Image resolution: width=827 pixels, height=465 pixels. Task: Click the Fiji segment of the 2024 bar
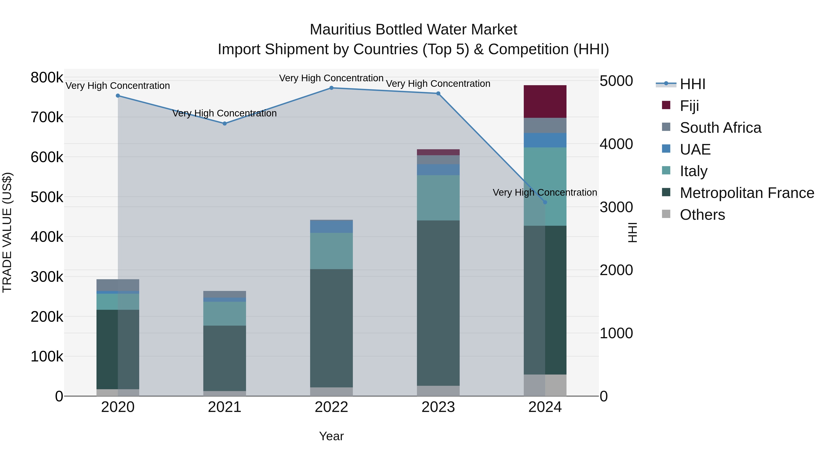[x=545, y=101]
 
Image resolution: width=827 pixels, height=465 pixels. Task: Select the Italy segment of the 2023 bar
[x=438, y=198]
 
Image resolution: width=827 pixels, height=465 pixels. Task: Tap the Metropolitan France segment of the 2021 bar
[x=224, y=358]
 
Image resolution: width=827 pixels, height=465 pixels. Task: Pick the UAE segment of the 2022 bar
[x=331, y=227]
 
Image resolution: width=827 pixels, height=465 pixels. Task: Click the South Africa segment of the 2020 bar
[x=118, y=285]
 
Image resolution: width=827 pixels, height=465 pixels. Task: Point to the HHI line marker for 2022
[x=331, y=88]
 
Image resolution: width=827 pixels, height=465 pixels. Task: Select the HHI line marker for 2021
[x=224, y=124]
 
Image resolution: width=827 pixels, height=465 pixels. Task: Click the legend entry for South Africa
[x=720, y=128]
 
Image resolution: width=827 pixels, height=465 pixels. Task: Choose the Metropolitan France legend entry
[x=747, y=193]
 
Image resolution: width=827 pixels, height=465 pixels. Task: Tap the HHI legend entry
[x=692, y=84]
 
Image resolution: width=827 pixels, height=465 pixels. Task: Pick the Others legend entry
[x=702, y=215]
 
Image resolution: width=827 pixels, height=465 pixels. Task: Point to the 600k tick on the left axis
[x=47, y=157]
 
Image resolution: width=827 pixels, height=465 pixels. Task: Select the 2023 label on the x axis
[x=438, y=407]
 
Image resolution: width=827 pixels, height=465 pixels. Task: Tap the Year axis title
[x=331, y=436]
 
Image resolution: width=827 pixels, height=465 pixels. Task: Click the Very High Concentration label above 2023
[x=438, y=84]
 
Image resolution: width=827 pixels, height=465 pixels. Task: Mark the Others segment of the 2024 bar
[x=545, y=385]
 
